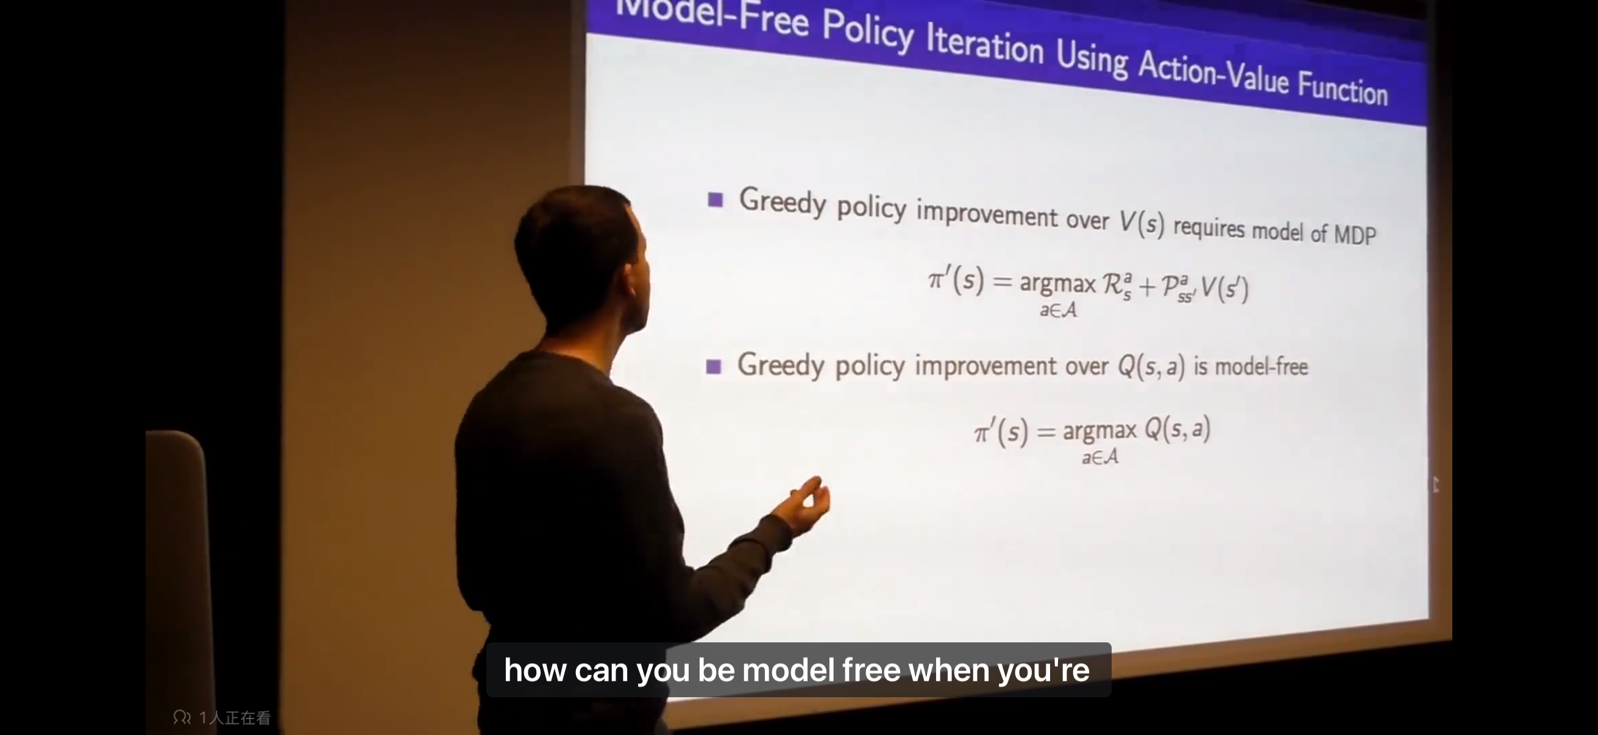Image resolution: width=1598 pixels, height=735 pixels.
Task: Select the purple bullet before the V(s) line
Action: (716, 200)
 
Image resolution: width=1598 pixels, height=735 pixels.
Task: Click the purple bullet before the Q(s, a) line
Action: (714, 366)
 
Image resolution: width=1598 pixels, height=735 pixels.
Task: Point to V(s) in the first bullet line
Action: (1142, 222)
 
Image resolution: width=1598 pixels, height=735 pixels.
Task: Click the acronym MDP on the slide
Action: (1355, 235)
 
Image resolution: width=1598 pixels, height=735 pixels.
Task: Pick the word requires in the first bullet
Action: (1209, 228)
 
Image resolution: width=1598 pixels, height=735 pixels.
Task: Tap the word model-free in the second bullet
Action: (1261, 367)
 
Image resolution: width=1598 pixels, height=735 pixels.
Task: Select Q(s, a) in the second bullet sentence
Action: (1151, 366)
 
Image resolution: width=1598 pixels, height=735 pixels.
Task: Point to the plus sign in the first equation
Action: (1147, 286)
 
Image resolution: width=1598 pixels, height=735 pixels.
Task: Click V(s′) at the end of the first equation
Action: (1224, 288)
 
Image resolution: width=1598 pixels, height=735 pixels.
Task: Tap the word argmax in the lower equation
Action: (1100, 431)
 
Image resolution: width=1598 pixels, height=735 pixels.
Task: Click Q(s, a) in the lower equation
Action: (1177, 428)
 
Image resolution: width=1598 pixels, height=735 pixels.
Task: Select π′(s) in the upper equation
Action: (956, 280)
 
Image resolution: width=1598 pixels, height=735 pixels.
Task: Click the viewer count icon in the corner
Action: (182, 718)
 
